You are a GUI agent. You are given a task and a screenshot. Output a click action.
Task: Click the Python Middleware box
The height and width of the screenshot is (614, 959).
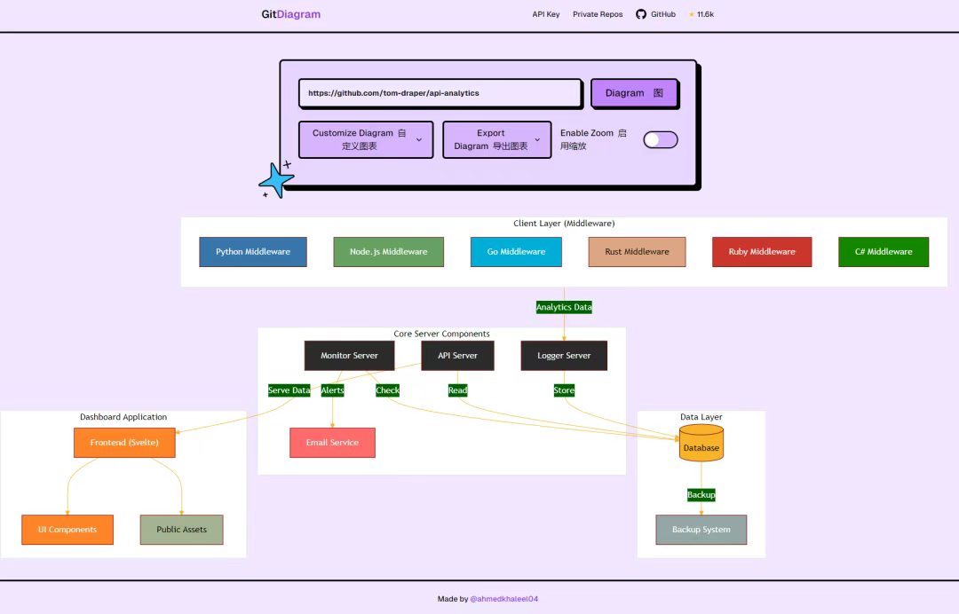click(253, 252)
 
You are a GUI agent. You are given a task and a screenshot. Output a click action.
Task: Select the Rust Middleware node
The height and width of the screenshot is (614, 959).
click(637, 252)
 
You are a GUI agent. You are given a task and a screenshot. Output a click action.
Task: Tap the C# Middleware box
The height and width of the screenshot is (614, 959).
click(884, 252)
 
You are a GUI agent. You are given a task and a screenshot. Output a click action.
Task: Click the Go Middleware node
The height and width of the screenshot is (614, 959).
click(516, 252)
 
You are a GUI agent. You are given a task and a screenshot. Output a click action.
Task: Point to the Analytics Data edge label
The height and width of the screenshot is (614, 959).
click(564, 307)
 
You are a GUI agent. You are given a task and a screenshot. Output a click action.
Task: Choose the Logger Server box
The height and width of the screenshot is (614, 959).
click(564, 356)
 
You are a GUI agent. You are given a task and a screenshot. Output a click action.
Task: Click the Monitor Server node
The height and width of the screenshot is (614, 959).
click(349, 356)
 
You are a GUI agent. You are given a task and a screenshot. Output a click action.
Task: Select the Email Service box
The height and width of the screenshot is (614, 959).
click(332, 443)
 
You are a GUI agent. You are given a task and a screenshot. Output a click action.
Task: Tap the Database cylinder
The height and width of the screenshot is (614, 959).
click(701, 444)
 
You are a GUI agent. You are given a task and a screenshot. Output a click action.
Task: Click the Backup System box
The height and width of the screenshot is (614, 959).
click(701, 530)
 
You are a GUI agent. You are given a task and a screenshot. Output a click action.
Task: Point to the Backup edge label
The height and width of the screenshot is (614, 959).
click(701, 494)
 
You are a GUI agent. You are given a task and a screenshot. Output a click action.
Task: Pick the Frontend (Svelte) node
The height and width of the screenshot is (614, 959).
click(124, 443)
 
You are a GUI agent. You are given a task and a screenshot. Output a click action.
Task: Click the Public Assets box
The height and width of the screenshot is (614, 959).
click(181, 530)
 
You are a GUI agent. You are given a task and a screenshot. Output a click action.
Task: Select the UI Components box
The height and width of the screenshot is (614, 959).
click(67, 530)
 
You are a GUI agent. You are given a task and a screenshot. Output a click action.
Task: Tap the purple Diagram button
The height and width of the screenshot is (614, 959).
click(634, 93)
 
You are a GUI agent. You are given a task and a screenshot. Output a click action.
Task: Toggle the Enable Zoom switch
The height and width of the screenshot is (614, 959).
click(660, 140)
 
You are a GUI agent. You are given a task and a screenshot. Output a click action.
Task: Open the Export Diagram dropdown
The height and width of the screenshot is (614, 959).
click(496, 140)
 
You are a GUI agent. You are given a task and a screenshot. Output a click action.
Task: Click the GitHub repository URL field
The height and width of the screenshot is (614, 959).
click(440, 93)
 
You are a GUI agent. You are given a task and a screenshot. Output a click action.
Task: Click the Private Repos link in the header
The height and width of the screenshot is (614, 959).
click(598, 14)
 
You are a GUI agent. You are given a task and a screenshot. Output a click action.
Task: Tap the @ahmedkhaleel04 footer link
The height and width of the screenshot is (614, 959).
click(503, 599)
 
